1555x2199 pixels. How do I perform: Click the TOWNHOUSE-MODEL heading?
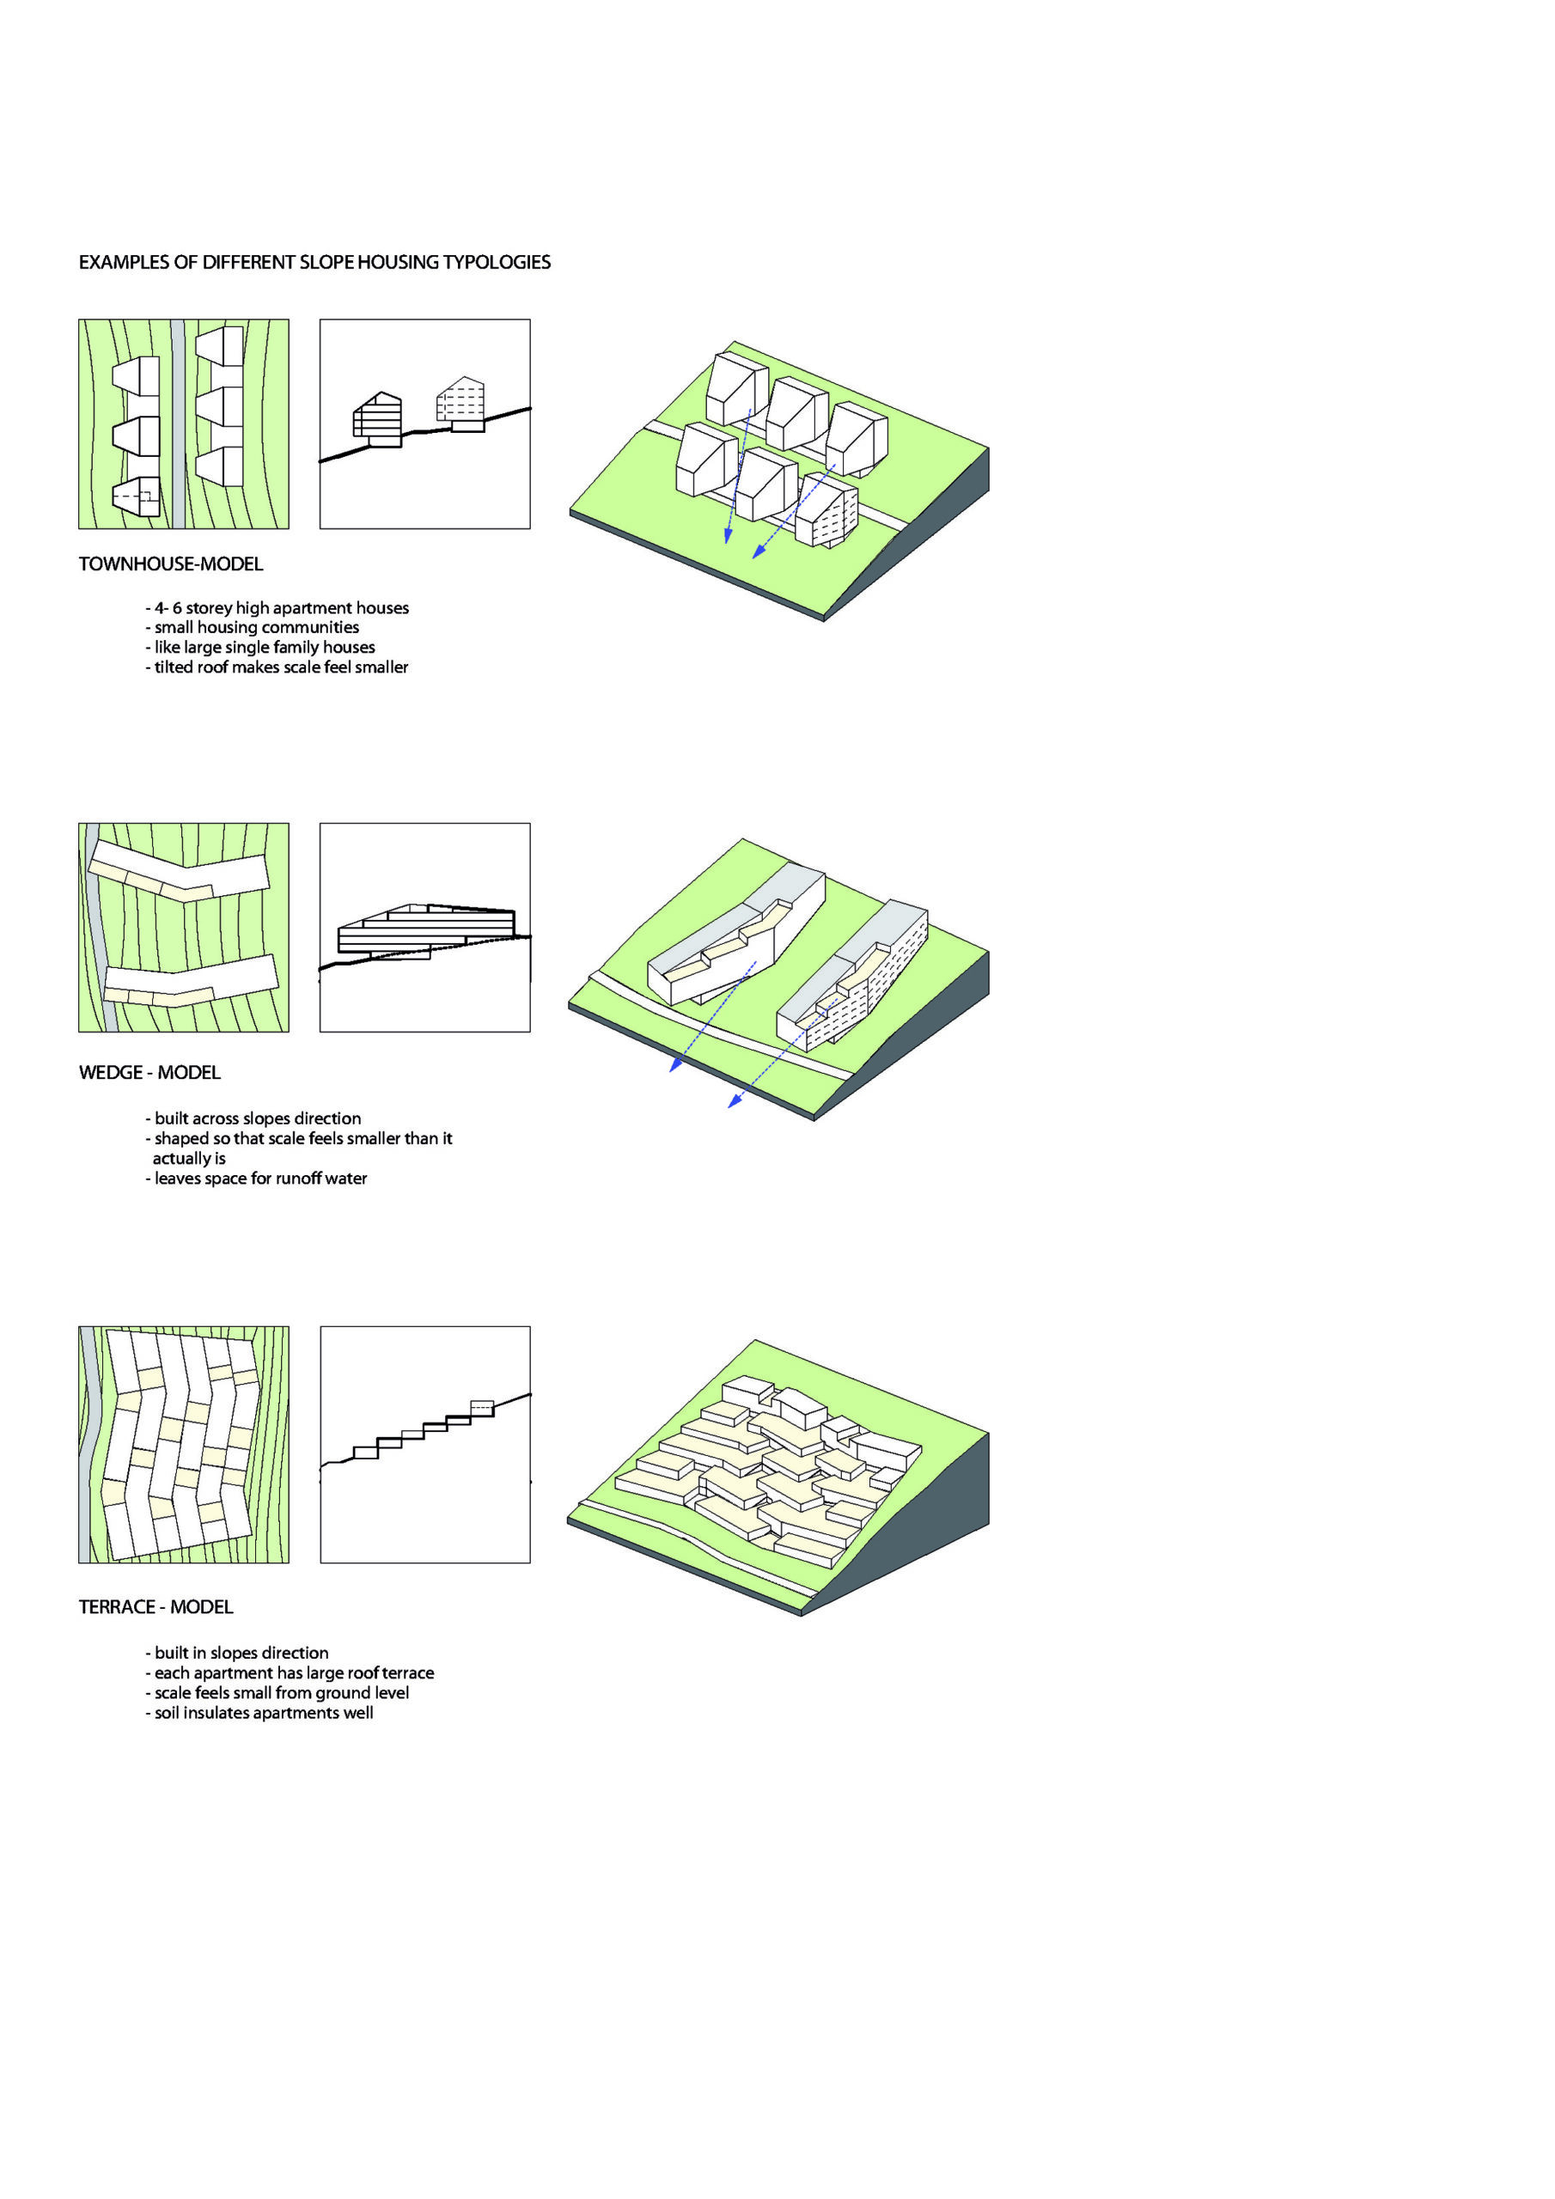tap(171, 564)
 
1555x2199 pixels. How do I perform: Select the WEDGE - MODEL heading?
tap(149, 1073)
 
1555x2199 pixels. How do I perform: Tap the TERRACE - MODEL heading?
tap(155, 1607)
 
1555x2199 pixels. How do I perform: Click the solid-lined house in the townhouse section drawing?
tap(377, 419)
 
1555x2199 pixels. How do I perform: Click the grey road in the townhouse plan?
tap(177, 424)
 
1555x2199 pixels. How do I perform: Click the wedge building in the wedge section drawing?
tap(426, 931)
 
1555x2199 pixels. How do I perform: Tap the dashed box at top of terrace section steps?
tap(482, 1408)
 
